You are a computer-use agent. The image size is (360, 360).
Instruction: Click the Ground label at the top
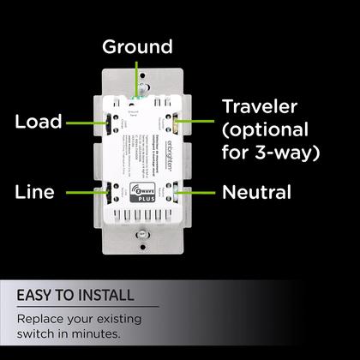[137, 46]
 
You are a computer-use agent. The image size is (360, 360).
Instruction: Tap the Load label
[39, 122]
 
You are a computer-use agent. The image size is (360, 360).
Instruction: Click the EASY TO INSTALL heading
[75, 296]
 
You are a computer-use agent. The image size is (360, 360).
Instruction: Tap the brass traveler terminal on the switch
[176, 120]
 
